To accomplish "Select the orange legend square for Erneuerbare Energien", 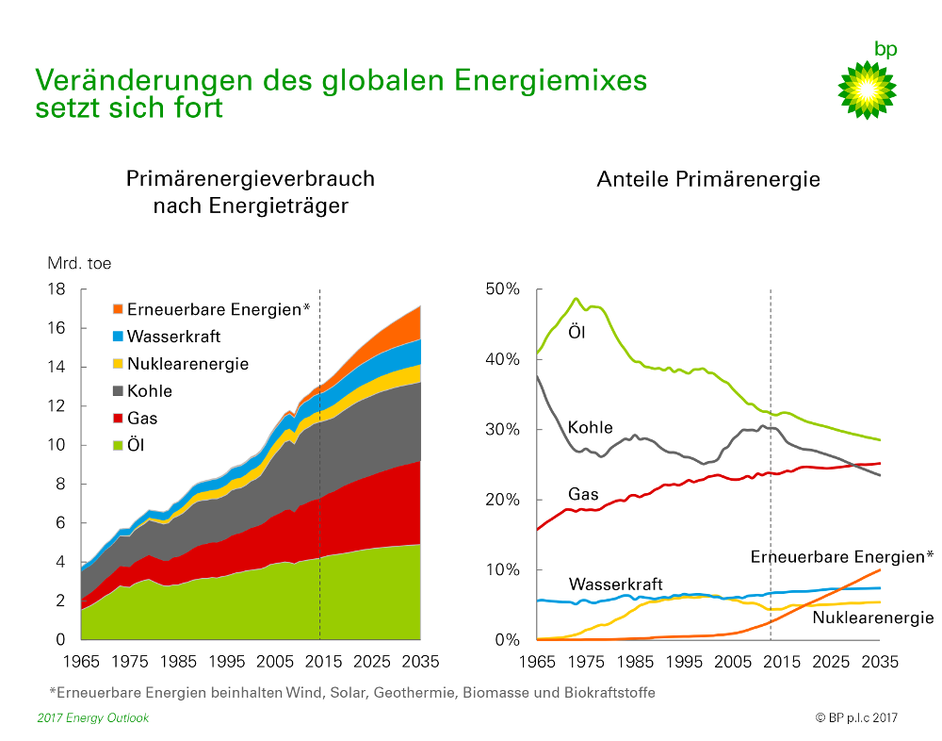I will (x=117, y=309).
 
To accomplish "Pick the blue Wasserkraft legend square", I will (x=117, y=337).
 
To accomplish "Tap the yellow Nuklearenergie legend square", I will (x=117, y=364).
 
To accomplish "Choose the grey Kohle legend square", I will (x=117, y=391).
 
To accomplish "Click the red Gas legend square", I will (x=117, y=419).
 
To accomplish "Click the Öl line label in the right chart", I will (x=576, y=331).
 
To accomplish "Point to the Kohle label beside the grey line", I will (x=590, y=429).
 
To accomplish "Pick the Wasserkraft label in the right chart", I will (x=615, y=585).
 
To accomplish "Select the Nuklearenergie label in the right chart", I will (x=872, y=618).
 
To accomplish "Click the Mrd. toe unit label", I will (x=80, y=264).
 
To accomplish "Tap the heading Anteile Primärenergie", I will (x=708, y=179).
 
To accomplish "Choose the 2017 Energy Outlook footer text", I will (x=93, y=718).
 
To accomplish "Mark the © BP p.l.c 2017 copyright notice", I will (x=856, y=718).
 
